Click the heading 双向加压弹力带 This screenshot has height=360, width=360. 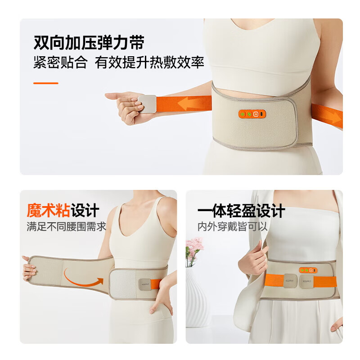pos(89,43)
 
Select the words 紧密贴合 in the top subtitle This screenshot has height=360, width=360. pos(60,63)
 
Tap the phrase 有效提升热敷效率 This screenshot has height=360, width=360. pos(149,63)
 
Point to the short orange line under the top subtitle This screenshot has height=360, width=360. pos(46,83)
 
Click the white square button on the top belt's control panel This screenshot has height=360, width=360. pos(256,115)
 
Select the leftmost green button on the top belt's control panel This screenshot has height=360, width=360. pos(242,115)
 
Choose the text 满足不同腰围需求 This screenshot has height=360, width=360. pos(66,226)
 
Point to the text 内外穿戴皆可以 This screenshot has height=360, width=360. pos(233,226)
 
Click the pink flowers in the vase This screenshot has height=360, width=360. pos(194,248)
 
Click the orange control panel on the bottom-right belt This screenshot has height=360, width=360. pos(308,270)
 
